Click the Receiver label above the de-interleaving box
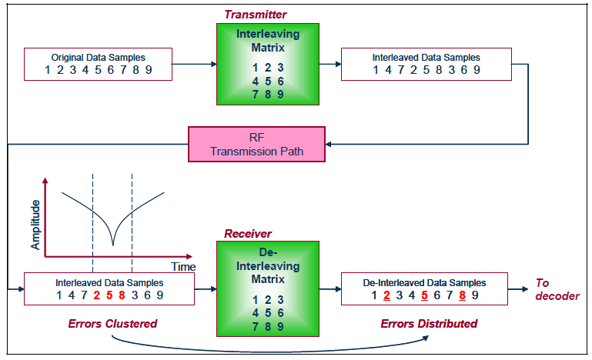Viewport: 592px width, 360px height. tap(248, 233)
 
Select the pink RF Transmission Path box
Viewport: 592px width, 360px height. tap(257, 144)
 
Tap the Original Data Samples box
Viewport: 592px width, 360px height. tap(98, 65)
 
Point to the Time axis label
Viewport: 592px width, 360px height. tap(183, 266)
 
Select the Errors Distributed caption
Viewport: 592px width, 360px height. tap(429, 324)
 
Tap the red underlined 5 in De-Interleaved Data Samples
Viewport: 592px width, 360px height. tap(424, 295)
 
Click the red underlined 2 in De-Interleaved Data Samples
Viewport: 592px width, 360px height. tap(386, 295)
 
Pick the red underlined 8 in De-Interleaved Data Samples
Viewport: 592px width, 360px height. tap(462, 295)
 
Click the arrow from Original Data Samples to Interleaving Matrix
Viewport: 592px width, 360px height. tap(193, 65)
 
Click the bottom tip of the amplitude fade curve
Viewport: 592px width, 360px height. tap(113, 245)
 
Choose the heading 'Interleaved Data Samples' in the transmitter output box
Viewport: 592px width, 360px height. tap(426, 58)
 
